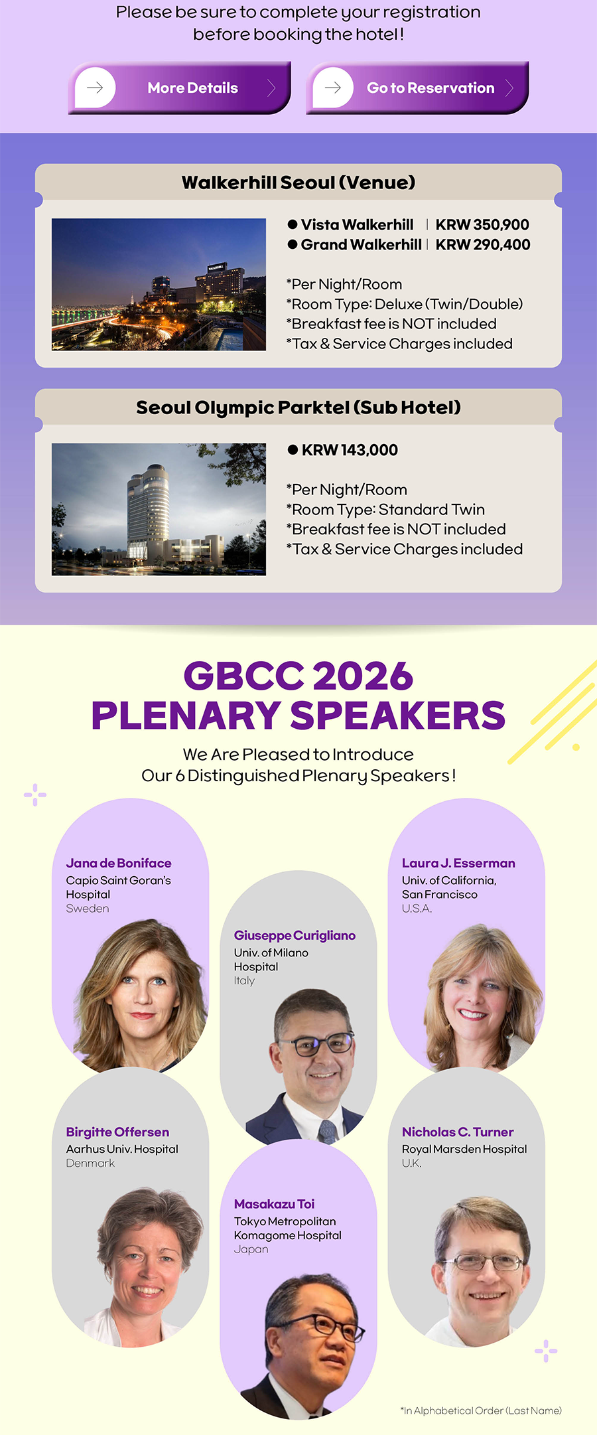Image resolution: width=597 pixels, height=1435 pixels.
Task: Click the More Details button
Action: coord(179,88)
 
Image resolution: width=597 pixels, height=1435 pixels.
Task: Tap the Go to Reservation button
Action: coord(417,88)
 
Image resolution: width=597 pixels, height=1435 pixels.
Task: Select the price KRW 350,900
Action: coord(482,225)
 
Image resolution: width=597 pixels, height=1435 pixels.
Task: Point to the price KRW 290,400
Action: coord(483,245)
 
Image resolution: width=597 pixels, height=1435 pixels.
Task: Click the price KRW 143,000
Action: coord(350,450)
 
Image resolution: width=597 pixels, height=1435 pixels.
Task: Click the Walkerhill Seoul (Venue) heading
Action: coord(298,183)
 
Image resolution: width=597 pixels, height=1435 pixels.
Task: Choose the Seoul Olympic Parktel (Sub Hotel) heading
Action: coord(298,408)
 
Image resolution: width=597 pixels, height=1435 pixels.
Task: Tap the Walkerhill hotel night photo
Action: coord(159,284)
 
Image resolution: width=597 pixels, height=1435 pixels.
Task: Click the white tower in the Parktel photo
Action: coord(147,511)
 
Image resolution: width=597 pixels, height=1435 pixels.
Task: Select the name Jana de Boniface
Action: coord(119,863)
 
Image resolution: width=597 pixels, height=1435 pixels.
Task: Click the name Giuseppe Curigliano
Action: coord(295,935)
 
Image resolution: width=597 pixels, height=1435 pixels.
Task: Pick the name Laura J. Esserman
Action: coord(458,863)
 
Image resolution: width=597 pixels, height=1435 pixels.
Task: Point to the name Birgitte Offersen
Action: coord(117,1132)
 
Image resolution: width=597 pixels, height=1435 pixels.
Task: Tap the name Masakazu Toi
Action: coord(274,1203)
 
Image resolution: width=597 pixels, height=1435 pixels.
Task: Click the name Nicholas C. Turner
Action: coord(458,1132)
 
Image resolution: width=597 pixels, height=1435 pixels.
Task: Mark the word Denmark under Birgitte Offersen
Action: coord(90,1163)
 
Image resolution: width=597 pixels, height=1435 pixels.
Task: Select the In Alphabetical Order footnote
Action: coord(481,1410)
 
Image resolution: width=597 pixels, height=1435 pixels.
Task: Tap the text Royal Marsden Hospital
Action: coord(464,1149)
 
